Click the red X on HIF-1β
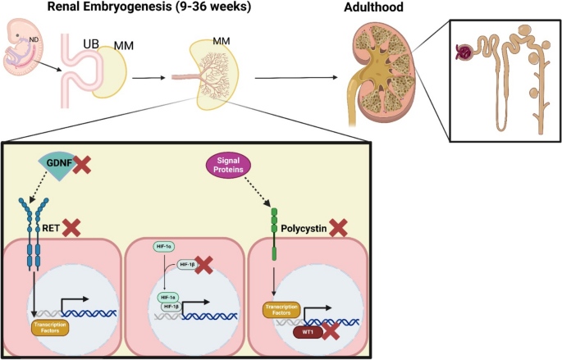tap(204, 263)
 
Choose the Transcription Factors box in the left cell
tap(49, 327)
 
